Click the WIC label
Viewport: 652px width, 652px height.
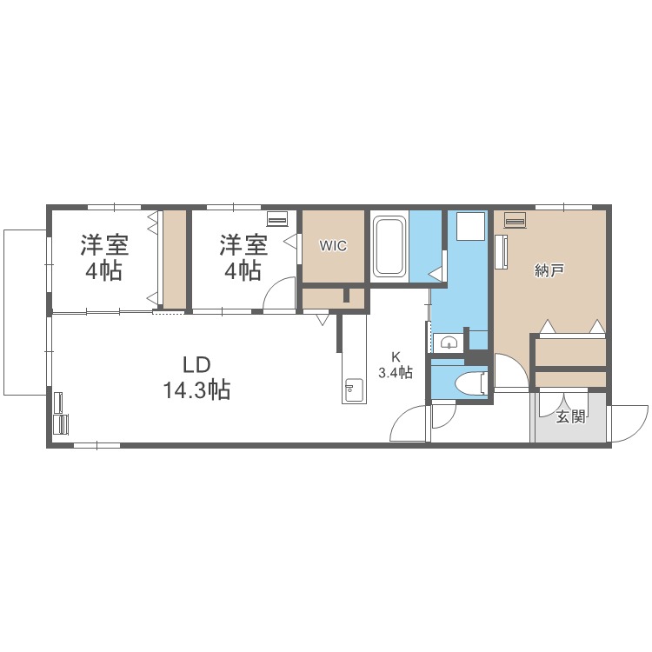(x=333, y=246)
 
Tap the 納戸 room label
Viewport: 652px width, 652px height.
(x=550, y=271)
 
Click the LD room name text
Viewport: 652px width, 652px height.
(x=196, y=364)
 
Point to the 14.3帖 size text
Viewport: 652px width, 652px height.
(x=196, y=390)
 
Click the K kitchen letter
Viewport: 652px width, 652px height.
(x=396, y=356)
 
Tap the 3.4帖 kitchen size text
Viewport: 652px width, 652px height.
(x=396, y=373)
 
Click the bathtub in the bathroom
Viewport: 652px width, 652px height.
(x=389, y=247)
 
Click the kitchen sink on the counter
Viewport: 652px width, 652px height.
(x=354, y=390)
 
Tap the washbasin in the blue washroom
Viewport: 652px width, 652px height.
(x=448, y=341)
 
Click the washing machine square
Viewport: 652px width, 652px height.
(x=470, y=227)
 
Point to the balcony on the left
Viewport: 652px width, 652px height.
(x=24, y=310)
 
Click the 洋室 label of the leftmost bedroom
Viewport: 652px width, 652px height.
(x=103, y=244)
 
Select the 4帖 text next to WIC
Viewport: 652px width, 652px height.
(x=243, y=271)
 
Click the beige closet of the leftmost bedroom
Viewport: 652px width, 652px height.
(x=175, y=258)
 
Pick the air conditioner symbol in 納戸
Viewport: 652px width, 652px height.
(x=515, y=221)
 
